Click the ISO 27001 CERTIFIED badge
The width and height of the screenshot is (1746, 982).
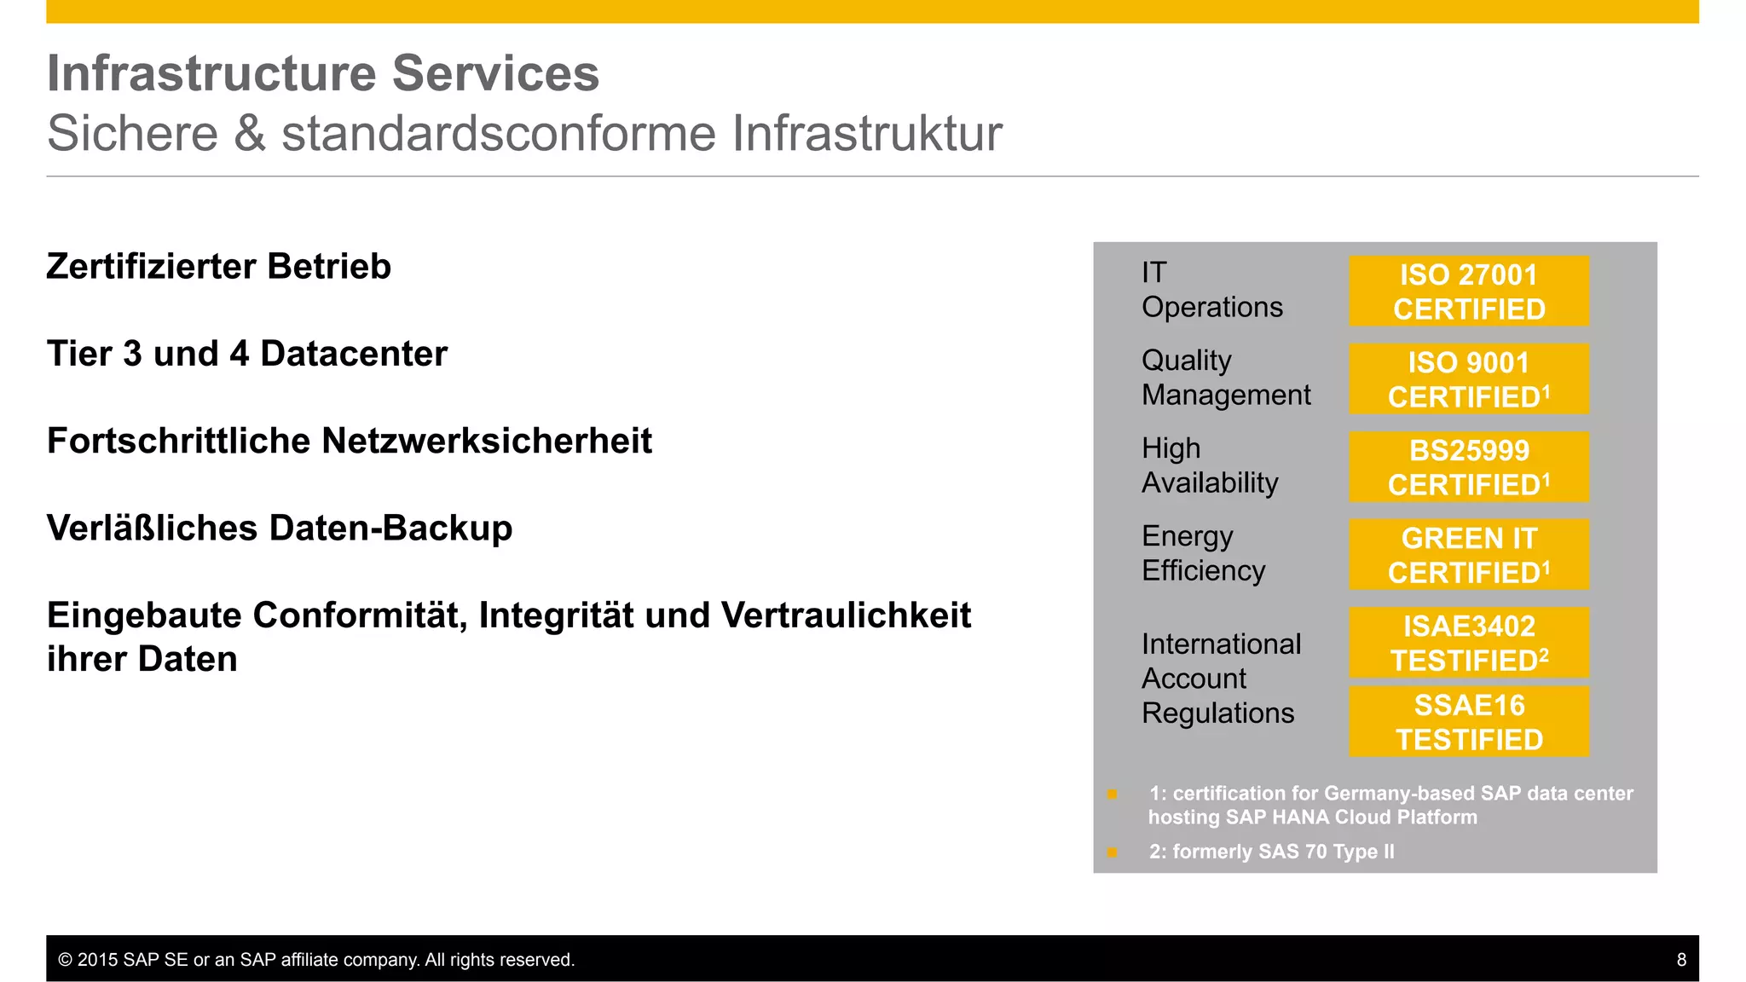tap(1468, 292)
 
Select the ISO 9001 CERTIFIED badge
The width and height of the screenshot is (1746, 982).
tap(1468, 379)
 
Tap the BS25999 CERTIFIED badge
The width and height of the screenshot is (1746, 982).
tap(1468, 467)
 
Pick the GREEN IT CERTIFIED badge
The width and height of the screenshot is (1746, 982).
tap(1468, 555)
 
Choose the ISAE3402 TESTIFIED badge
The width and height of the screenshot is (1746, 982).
tap(1468, 643)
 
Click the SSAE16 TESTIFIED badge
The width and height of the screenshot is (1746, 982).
tap(1468, 722)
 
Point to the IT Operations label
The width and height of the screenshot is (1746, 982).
tap(1211, 290)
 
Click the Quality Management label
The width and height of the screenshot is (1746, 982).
tap(1225, 378)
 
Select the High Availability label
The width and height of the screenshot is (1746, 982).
tap(1209, 465)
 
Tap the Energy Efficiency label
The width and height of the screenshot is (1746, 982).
tap(1203, 553)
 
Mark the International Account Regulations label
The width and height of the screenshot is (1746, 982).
tap(1220, 679)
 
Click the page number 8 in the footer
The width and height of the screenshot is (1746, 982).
tap(1681, 960)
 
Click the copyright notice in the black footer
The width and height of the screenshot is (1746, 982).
tap(316, 960)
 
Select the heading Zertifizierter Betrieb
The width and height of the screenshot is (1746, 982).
tap(218, 267)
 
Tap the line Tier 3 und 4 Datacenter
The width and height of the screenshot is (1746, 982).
tap(246, 354)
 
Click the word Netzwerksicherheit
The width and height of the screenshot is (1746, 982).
tap(486, 442)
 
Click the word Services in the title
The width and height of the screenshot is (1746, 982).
tap(494, 73)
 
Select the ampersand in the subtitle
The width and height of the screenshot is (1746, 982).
tap(250, 134)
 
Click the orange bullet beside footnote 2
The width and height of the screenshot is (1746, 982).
tap(1112, 852)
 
